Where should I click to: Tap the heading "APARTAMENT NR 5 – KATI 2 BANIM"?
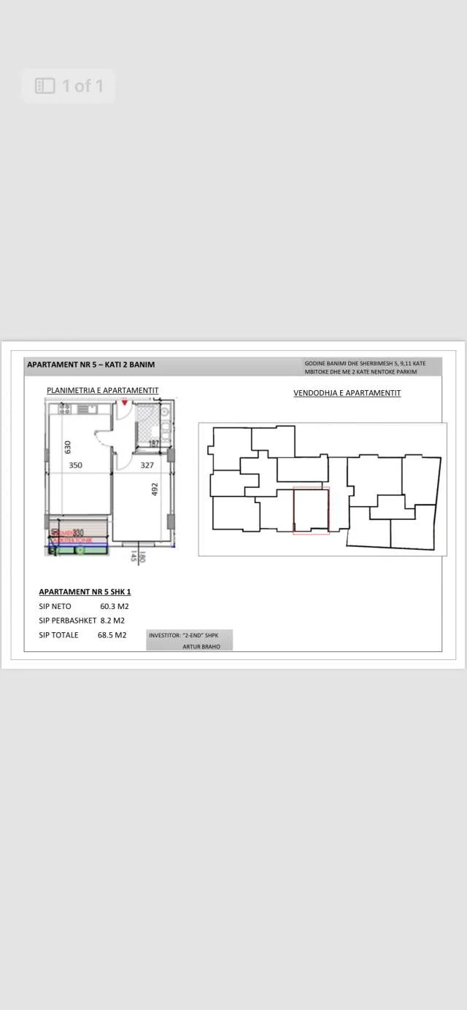(90, 365)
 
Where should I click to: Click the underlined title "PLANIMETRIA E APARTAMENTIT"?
(103, 391)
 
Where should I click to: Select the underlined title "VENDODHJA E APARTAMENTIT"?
(347, 393)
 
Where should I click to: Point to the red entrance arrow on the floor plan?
(125, 403)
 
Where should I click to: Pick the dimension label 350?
(76, 465)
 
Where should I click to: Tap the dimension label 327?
(147, 465)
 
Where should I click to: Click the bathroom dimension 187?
(154, 443)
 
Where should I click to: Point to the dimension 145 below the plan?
(134, 556)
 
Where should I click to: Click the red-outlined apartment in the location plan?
(311, 510)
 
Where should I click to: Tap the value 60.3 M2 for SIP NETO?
(115, 606)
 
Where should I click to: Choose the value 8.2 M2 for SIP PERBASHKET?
(112, 621)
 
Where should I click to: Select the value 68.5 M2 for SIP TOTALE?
(112, 635)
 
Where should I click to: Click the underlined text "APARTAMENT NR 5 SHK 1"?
(85, 592)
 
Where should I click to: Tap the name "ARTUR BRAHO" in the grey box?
(201, 646)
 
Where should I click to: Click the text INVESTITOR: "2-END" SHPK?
(184, 635)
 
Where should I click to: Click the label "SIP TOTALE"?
(58, 635)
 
